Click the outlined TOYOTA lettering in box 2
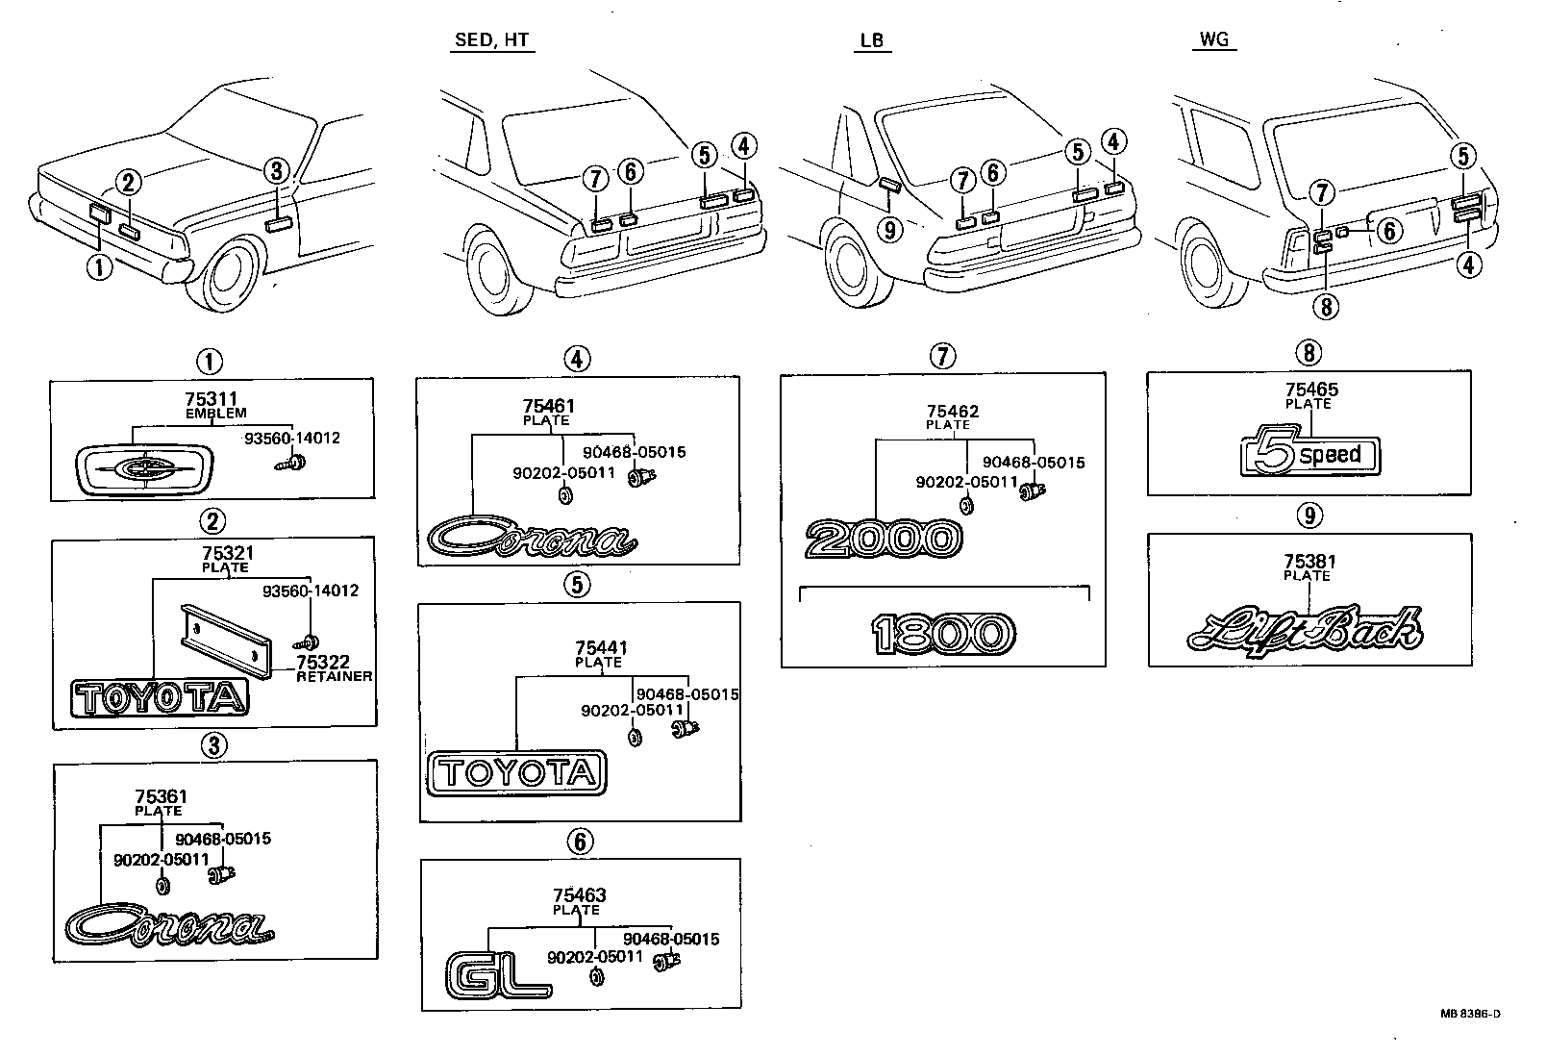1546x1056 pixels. tap(160, 698)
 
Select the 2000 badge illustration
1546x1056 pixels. tap(883, 540)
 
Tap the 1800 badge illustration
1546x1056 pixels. tap(943, 634)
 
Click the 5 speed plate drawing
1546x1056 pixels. tap(1309, 455)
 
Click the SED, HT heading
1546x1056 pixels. tap(491, 40)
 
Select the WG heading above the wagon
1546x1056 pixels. tap(1214, 40)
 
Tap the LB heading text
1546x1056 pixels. tap(872, 40)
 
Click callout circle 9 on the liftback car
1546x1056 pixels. tap(890, 229)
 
